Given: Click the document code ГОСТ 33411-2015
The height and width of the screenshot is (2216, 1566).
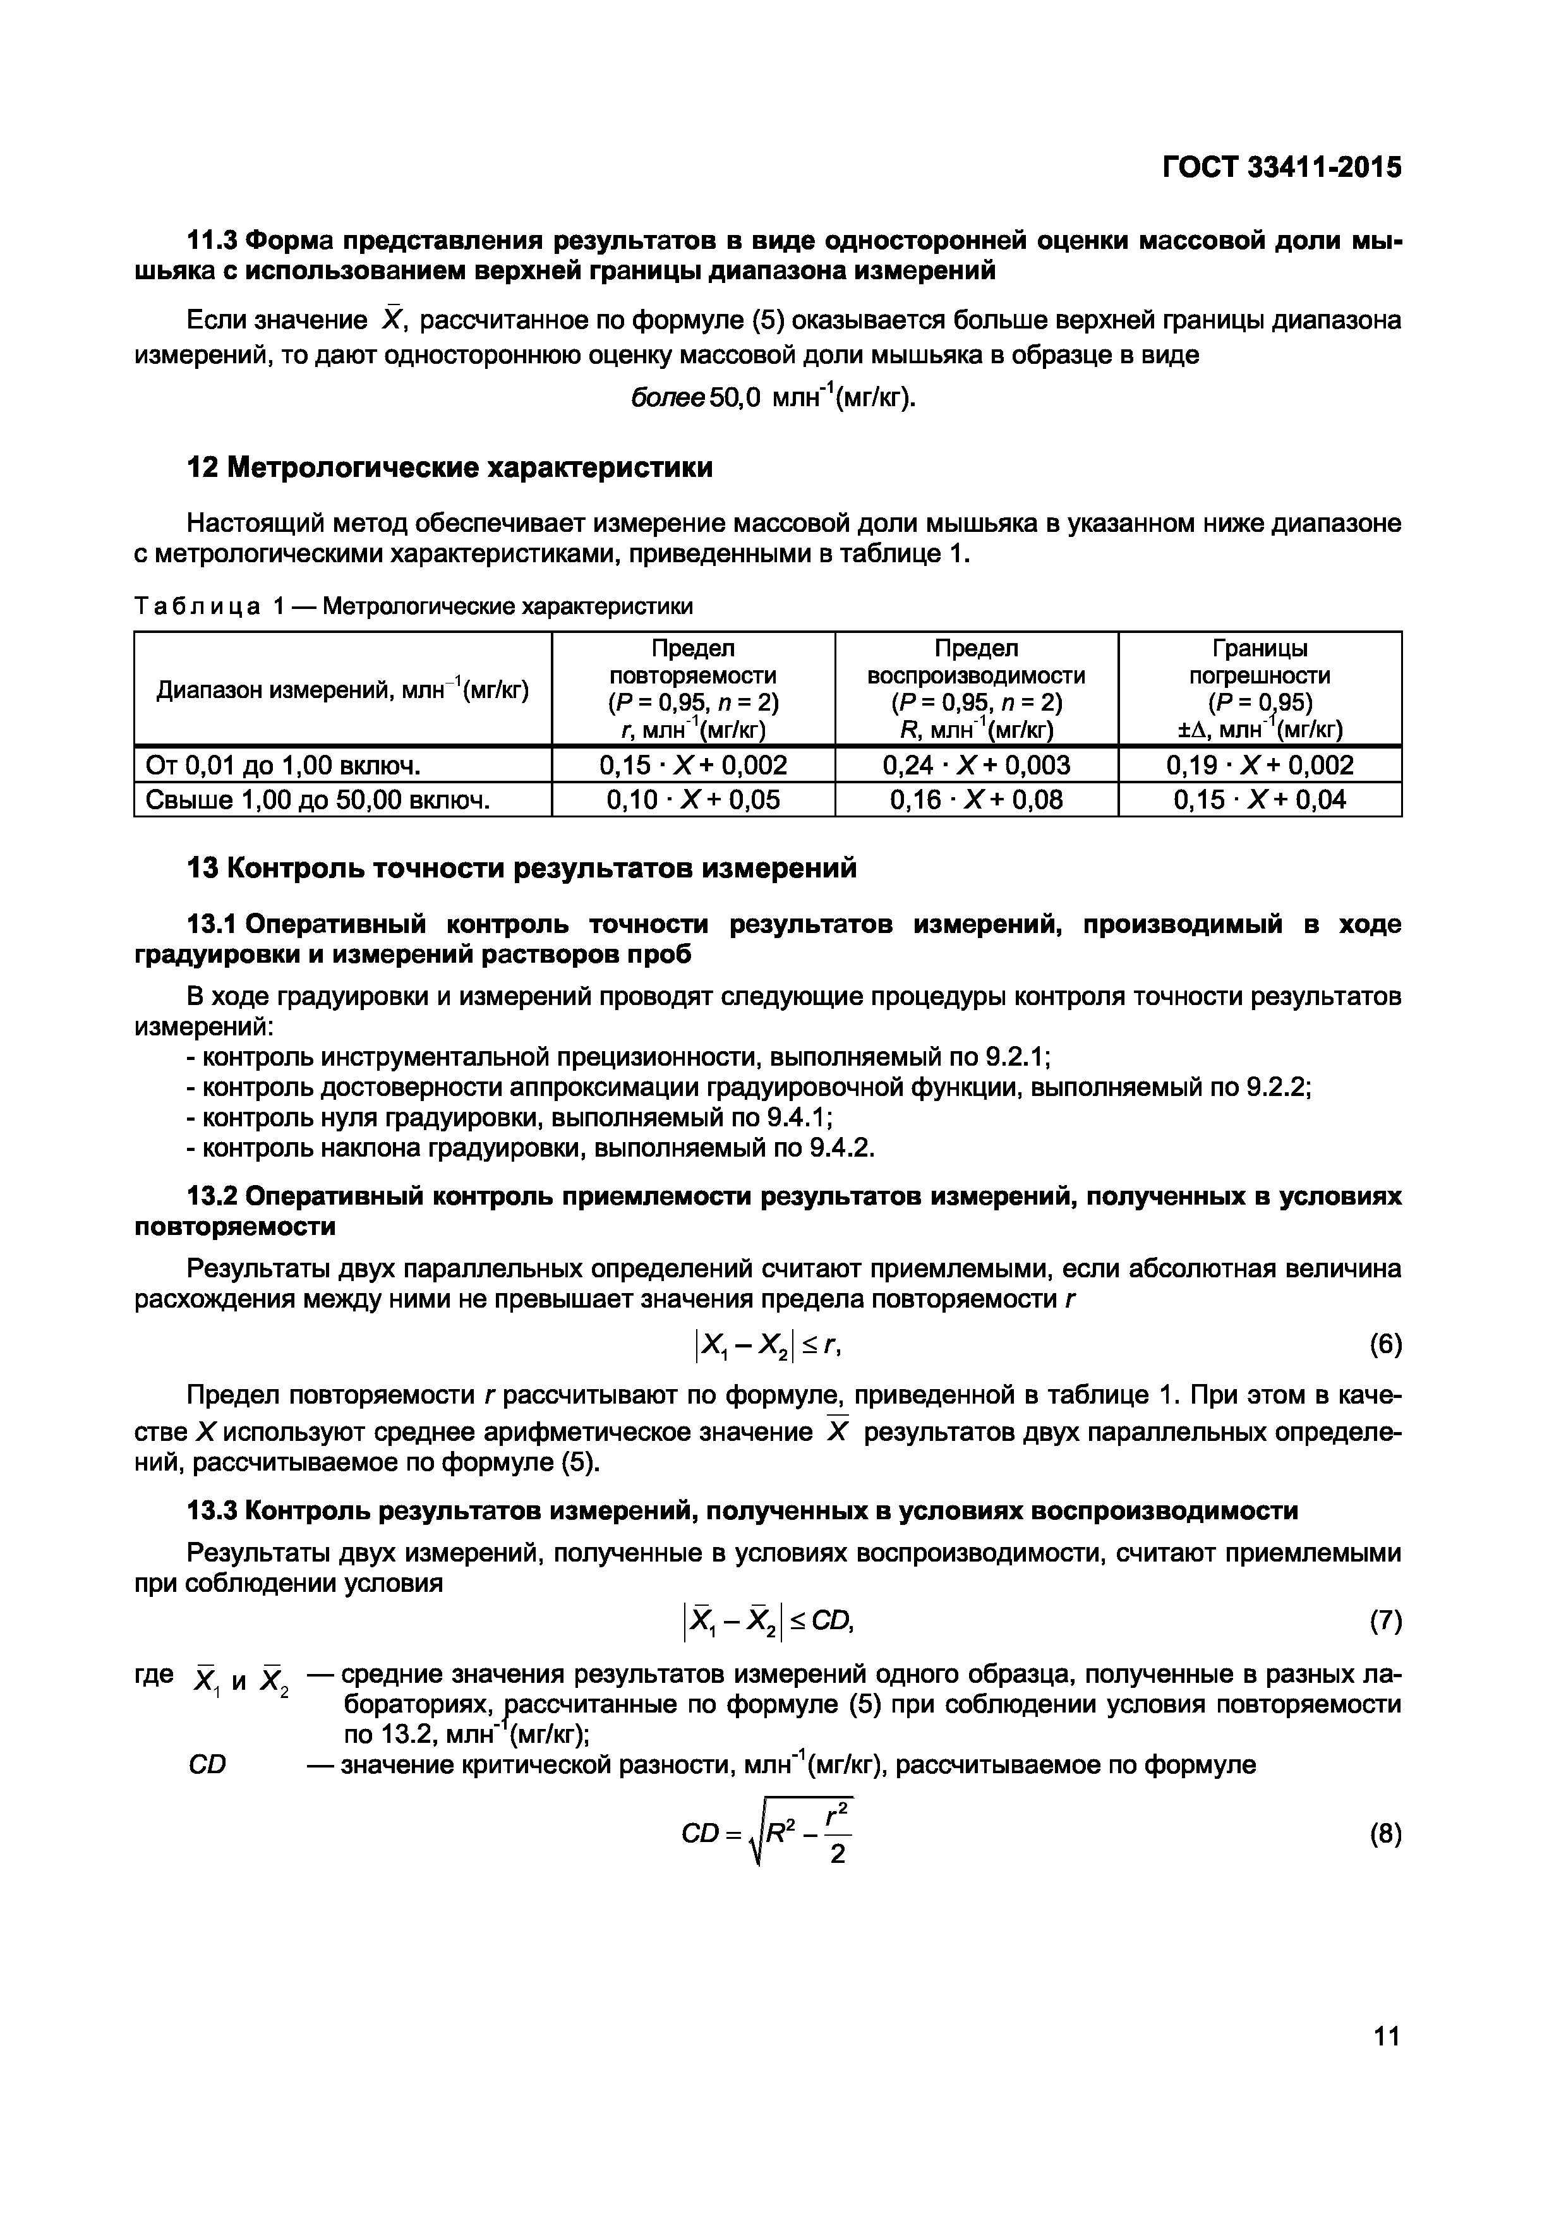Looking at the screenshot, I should point(1280,168).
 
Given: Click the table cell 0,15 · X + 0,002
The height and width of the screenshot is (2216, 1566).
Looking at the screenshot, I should point(693,766).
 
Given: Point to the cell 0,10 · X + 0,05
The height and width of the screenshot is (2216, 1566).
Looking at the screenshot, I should point(693,799).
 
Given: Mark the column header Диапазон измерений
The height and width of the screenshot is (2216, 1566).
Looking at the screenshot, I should point(342,690).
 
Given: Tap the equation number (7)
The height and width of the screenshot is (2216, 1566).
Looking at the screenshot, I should point(1385,1623).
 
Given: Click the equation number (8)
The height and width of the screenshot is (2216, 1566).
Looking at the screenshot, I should point(1385,1834).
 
